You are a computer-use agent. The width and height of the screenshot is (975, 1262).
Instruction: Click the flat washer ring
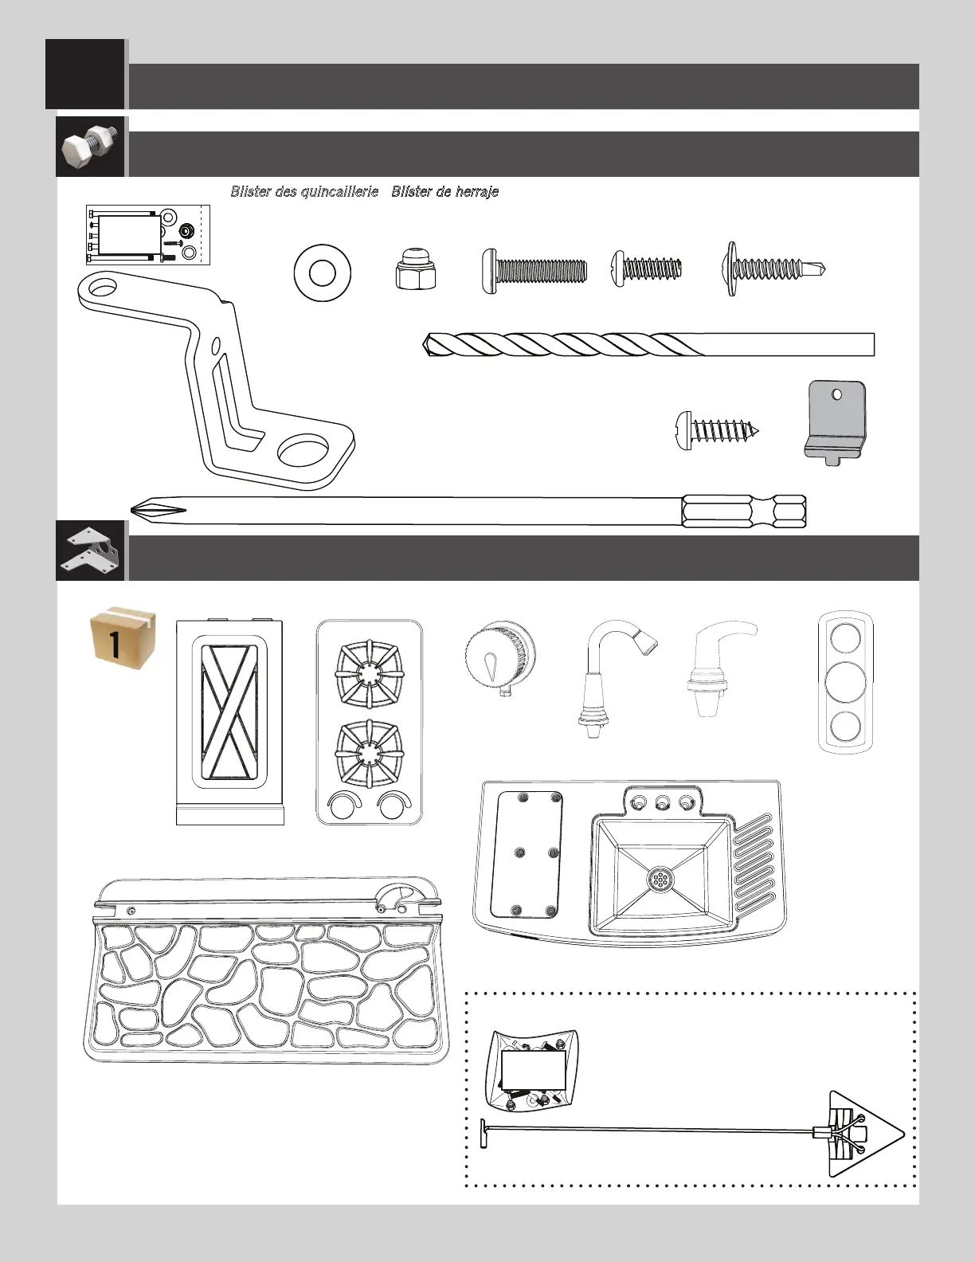coord(322,272)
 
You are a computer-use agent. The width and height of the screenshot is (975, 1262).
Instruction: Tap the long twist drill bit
coord(648,344)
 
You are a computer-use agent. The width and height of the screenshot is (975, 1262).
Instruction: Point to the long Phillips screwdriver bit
coord(470,509)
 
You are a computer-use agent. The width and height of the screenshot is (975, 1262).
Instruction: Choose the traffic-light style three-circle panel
coord(845,682)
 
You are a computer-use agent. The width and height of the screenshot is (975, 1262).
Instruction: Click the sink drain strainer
coord(660,879)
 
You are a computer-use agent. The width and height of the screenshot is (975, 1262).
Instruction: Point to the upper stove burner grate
coord(367,674)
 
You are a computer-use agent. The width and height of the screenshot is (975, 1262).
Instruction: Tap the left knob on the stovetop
coord(343,807)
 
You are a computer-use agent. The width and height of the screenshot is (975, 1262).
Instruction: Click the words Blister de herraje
coord(444,191)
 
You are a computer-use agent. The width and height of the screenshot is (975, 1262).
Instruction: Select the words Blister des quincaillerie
coord(304,191)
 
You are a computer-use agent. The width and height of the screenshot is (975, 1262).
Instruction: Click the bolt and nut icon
coord(90,147)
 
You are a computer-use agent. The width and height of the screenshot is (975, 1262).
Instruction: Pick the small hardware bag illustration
coord(532,1068)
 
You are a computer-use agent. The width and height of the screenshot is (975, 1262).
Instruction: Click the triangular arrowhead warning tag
coord(863,1133)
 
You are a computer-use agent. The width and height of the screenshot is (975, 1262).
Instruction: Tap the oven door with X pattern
coord(229,711)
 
